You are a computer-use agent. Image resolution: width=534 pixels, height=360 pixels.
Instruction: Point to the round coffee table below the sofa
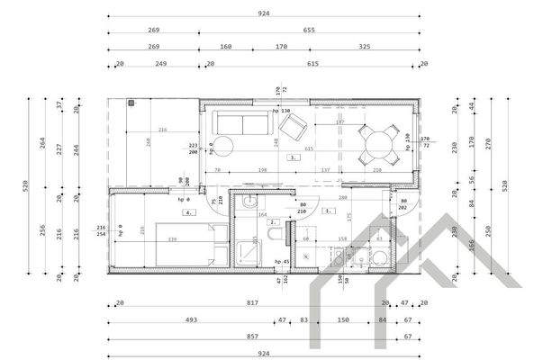(222, 146)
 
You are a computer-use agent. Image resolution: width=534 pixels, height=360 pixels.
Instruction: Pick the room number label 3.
(294, 157)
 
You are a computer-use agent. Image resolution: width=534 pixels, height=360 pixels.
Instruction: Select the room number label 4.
(188, 212)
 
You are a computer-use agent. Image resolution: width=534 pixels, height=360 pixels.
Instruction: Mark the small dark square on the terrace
(131, 104)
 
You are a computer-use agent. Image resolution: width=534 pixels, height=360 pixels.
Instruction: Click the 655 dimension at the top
(309, 30)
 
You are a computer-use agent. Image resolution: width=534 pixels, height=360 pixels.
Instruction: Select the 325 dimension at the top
(363, 47)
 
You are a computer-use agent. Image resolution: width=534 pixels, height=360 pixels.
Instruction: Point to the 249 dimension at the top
(162, 64)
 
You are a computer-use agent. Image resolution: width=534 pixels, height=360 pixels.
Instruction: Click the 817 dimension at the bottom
(252, 304)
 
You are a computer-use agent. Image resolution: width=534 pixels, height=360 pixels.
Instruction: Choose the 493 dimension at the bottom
(191, 320)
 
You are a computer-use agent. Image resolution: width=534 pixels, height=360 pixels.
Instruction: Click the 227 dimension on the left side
(59, 149)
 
